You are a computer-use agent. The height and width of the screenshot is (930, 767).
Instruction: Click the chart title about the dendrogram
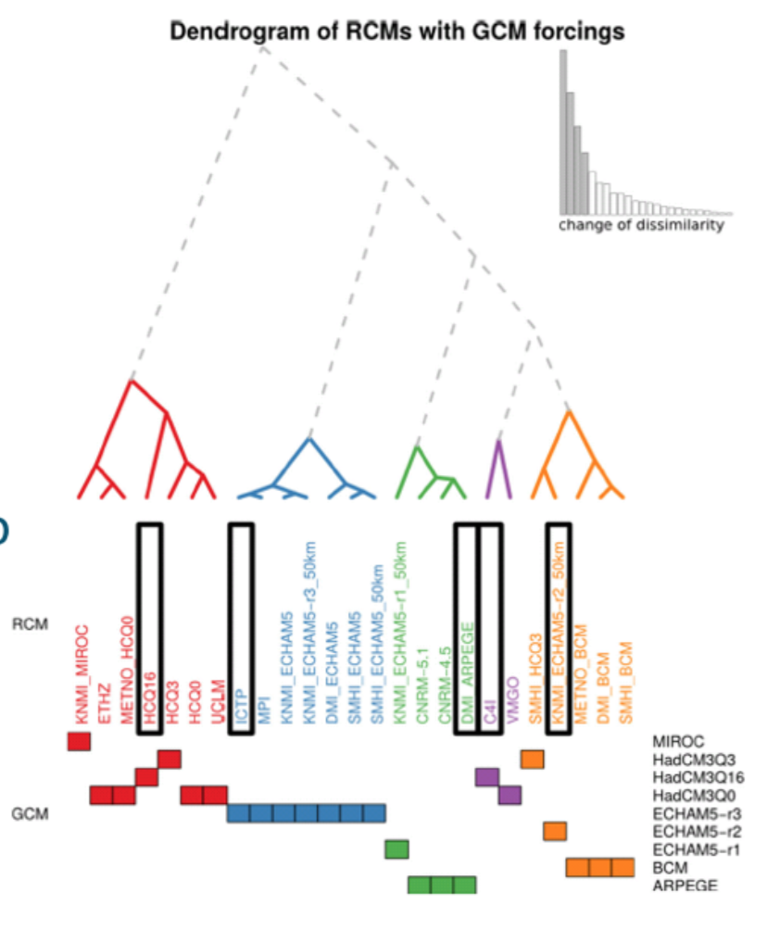tap(396, 31)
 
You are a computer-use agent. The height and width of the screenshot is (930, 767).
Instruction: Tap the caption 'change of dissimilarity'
tap(641, 226)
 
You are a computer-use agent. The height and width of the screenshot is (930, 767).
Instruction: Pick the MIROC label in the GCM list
tap(679, 741)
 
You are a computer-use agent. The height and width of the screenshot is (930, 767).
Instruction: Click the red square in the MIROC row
tap(80, 741)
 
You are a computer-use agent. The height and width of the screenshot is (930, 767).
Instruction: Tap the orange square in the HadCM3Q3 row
tap(532, 760)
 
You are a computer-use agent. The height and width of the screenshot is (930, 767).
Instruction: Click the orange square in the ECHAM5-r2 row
tap(555, 831)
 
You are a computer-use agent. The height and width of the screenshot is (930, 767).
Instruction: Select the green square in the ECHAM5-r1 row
tap(397, 848)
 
